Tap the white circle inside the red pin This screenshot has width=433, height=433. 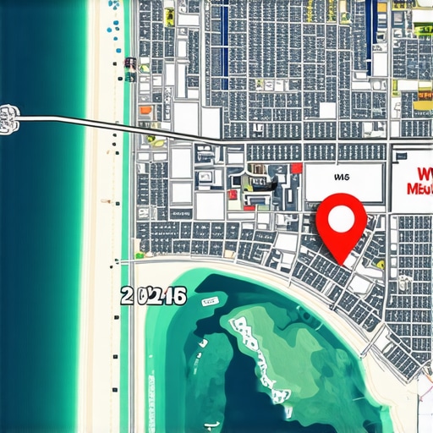click(x=341, y=218)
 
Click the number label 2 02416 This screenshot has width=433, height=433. click(x=153, y=295)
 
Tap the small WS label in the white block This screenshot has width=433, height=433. click(x=342, y=178)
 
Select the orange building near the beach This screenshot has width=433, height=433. click(x=145, y=109)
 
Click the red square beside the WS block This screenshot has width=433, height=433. click(x=296, y=168)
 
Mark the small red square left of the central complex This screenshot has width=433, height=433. click(x=232, y=195)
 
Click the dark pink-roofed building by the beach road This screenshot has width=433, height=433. click(x=129, y=62)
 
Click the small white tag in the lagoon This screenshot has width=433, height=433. click(x=211, y=301)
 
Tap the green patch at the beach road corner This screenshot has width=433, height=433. click(x=140, y=254)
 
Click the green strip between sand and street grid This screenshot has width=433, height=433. click(x=127, y=169)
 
